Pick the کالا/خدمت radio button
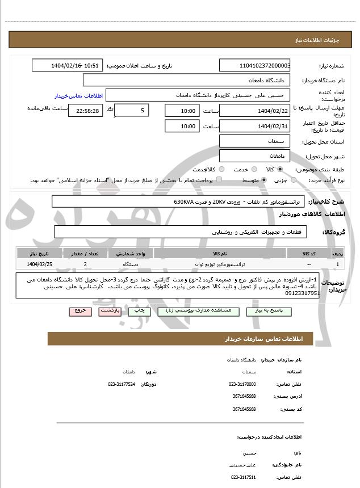tap(221, 169)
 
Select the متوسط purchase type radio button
tap(264, 180)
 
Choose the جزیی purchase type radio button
tap(294, 180)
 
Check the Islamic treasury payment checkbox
tap(220, 180)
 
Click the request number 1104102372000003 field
tap(255, 66)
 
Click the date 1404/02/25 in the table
tap(39, 264)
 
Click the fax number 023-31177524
tap(122, 384)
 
